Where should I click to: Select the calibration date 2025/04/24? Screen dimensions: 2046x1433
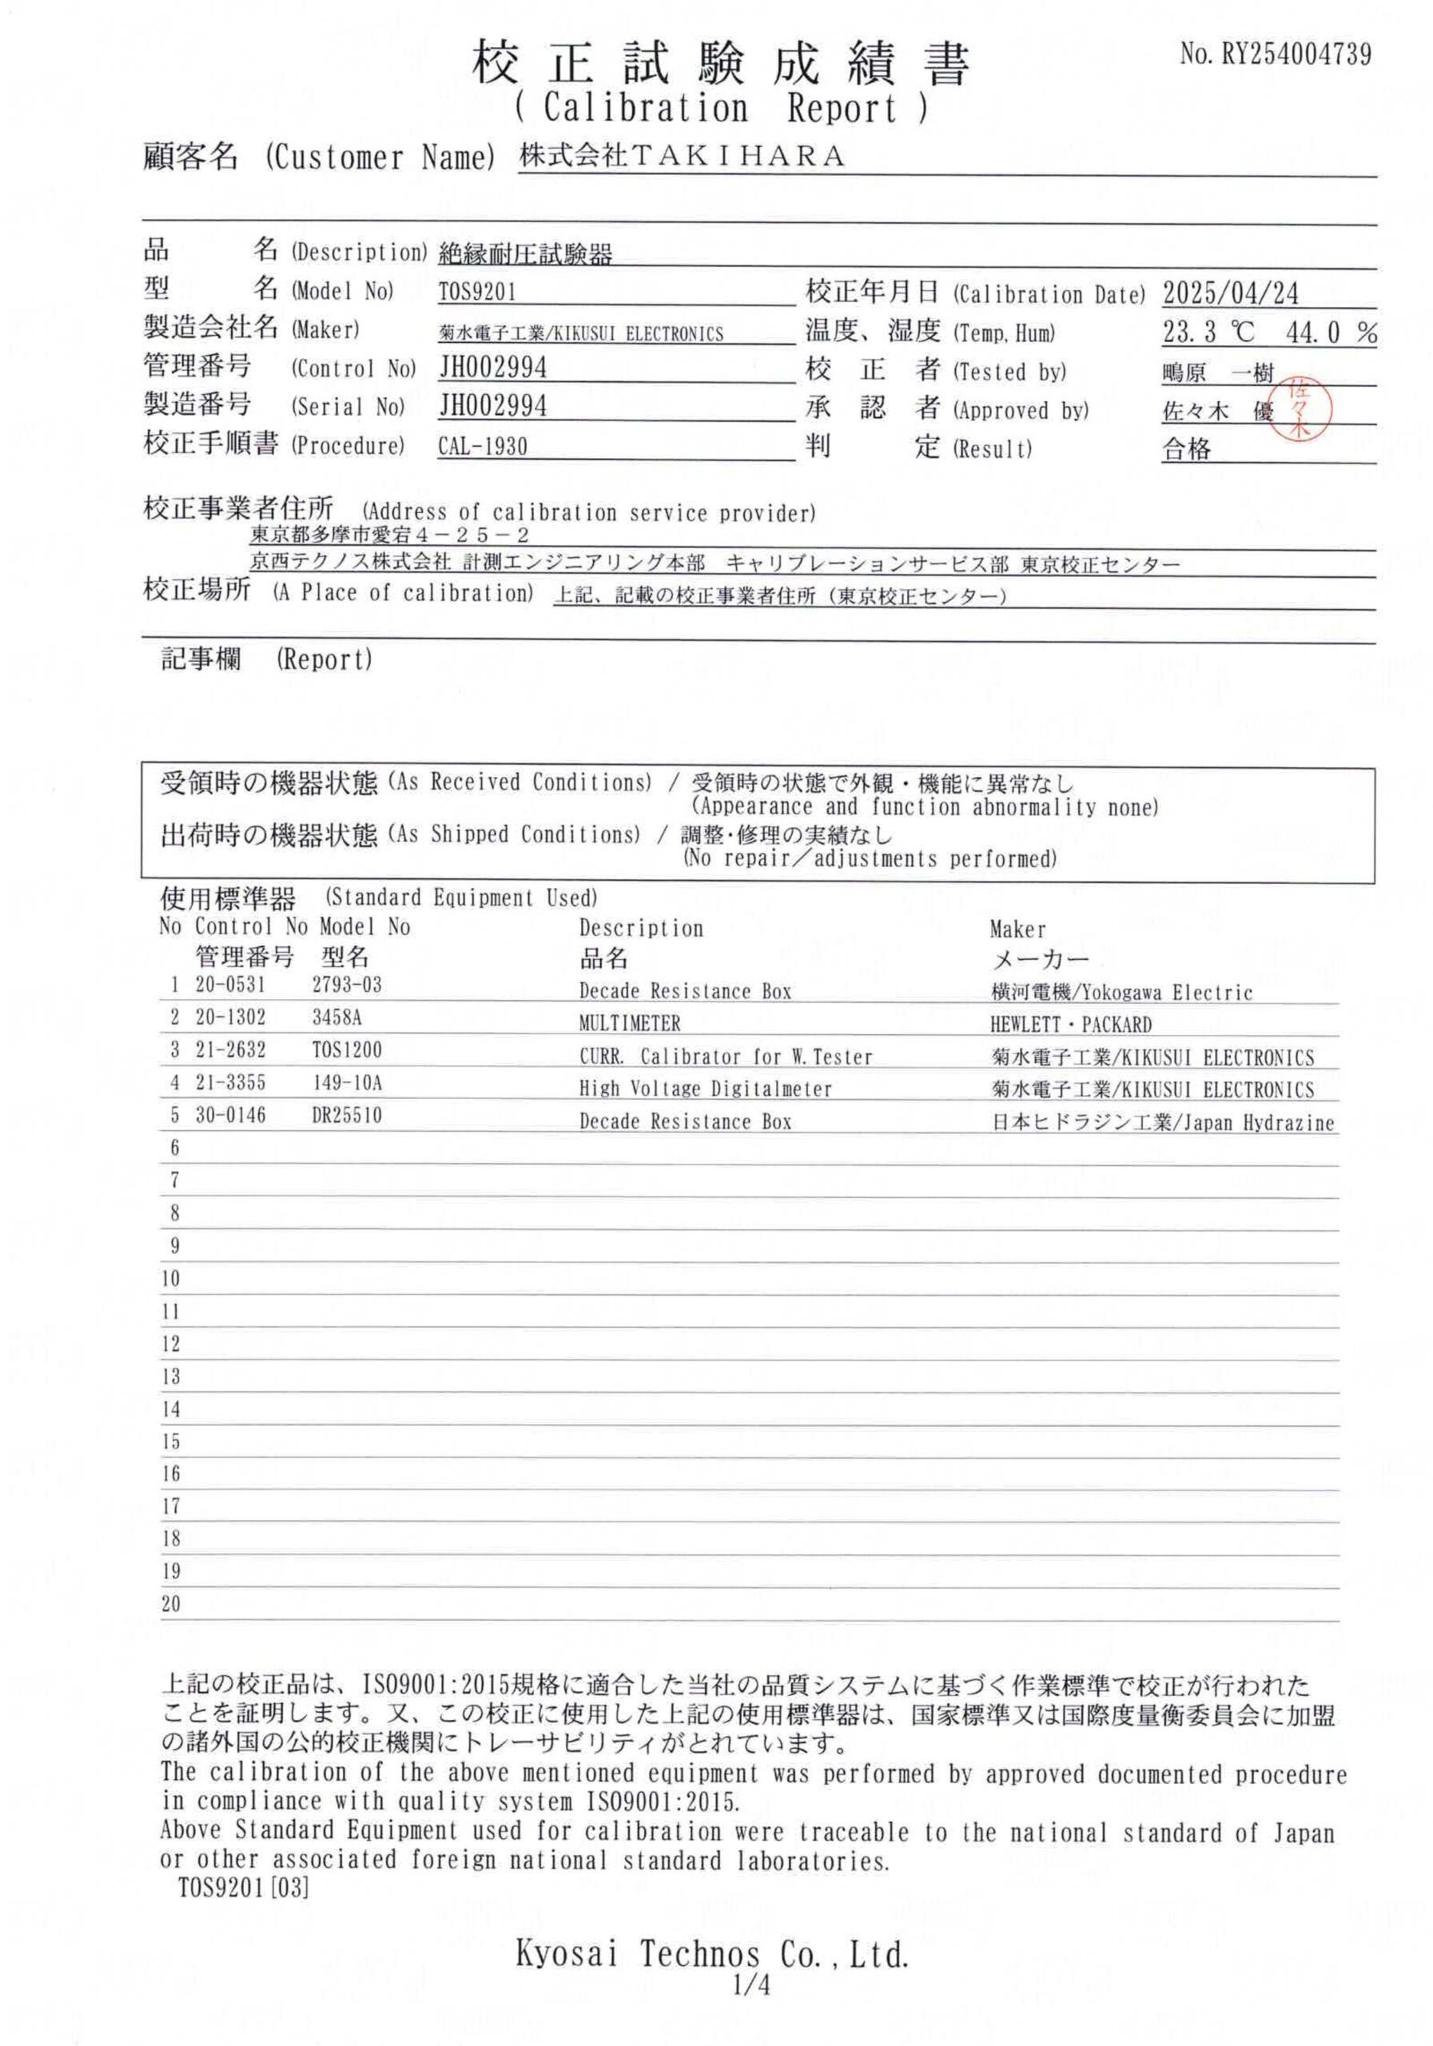[1230, 293]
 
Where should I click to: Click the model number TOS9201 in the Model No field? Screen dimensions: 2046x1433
[477, 293]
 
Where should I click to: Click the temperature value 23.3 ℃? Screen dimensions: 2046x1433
[1208, 333]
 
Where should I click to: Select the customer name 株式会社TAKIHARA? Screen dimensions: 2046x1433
[682, 157]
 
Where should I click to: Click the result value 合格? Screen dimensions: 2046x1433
[1186, 449]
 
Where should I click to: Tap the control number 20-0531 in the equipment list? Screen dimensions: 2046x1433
[230, 985]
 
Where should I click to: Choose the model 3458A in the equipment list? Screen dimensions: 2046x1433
[336, 1017]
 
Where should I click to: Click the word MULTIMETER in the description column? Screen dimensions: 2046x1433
[629, 1024]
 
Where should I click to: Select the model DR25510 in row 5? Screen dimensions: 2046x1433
[347, 1116]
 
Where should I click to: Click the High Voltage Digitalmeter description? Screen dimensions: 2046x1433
[705, 1089]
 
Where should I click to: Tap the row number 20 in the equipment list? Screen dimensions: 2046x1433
[170, 1603]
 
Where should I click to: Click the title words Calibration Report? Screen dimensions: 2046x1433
[721, 109]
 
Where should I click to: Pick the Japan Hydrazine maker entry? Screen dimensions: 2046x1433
[1163, 1123]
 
